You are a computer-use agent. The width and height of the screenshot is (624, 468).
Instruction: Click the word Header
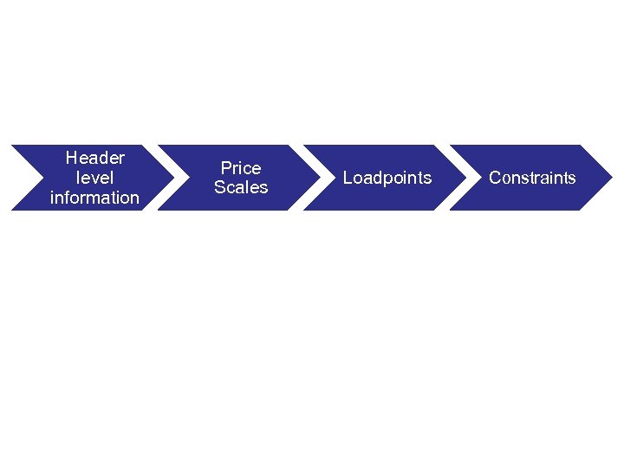tap(94, 158)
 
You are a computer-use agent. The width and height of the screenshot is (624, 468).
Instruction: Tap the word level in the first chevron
tap(94, 178)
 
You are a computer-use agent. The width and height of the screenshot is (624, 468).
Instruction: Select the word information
tap(94, 198)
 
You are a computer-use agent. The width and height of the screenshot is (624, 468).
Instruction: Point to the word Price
tap(241, 167)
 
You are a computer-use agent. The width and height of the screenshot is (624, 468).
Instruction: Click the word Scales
tap(241, 187)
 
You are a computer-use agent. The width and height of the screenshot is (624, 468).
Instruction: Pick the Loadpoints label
tap(387, 178)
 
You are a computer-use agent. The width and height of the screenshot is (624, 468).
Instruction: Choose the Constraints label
tap(532, 178)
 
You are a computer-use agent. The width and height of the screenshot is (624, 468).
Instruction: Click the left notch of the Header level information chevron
tap(40, 178)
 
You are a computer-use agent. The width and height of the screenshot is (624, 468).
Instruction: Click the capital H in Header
tap(71, 158)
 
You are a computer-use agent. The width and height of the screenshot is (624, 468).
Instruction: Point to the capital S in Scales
tap(219, 187)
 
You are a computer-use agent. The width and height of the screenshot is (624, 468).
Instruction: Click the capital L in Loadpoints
tap(348, 178)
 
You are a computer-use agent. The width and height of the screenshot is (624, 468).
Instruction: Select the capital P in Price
tap(225, 167)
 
